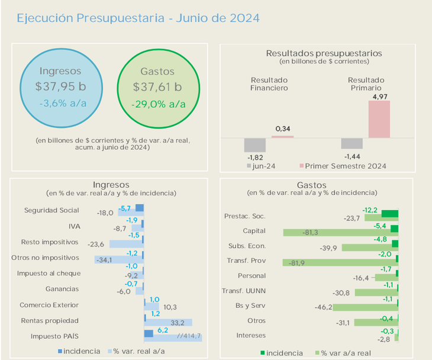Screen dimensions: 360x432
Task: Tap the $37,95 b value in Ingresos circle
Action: [60, 86]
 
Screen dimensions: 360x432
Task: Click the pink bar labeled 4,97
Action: [379, 119]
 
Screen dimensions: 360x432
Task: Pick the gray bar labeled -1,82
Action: [254, 145]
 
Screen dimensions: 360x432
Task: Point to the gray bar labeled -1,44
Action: [352, 143]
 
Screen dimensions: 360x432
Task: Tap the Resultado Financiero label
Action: [269, 84]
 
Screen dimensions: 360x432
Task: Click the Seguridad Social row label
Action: [51, 210]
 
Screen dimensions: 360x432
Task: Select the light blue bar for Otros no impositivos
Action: [118, 259]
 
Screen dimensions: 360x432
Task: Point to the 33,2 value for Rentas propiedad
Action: [178, 323]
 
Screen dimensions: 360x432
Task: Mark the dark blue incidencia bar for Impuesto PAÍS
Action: [149, 334]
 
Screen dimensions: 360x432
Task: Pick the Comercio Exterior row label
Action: [49, 305]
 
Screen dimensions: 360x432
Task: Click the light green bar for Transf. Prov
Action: [340, 263]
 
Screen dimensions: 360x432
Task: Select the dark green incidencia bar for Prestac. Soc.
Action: [389, 214]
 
